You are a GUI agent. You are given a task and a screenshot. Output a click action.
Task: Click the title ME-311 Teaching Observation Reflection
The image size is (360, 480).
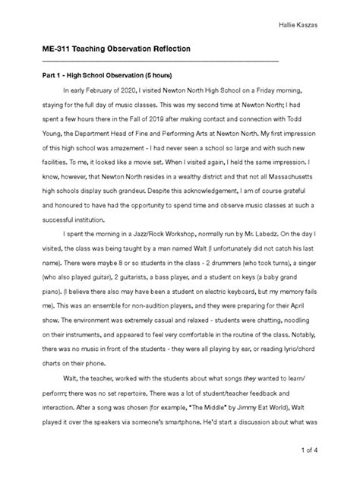click(115, 49)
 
